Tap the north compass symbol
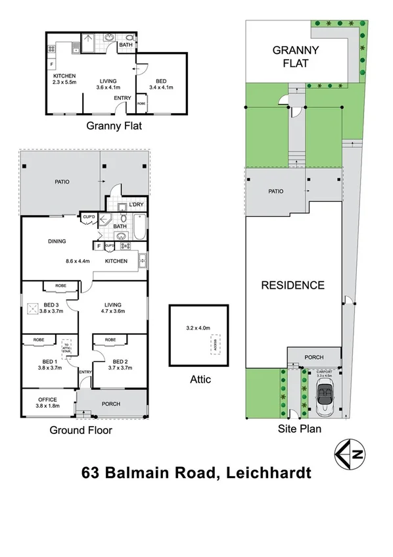[x=350, y=453]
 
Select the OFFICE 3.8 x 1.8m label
[x=47, y=402]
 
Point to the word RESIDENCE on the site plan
[x=293, y=285]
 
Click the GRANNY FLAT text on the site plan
[x=296, y=57]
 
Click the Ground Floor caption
[x=81, y=431]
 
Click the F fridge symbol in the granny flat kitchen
[x=51, y=64]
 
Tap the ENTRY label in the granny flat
[x=122, y=99]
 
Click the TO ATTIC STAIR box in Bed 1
[x=66, y=347]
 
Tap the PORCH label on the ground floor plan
[x=110, y=404]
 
